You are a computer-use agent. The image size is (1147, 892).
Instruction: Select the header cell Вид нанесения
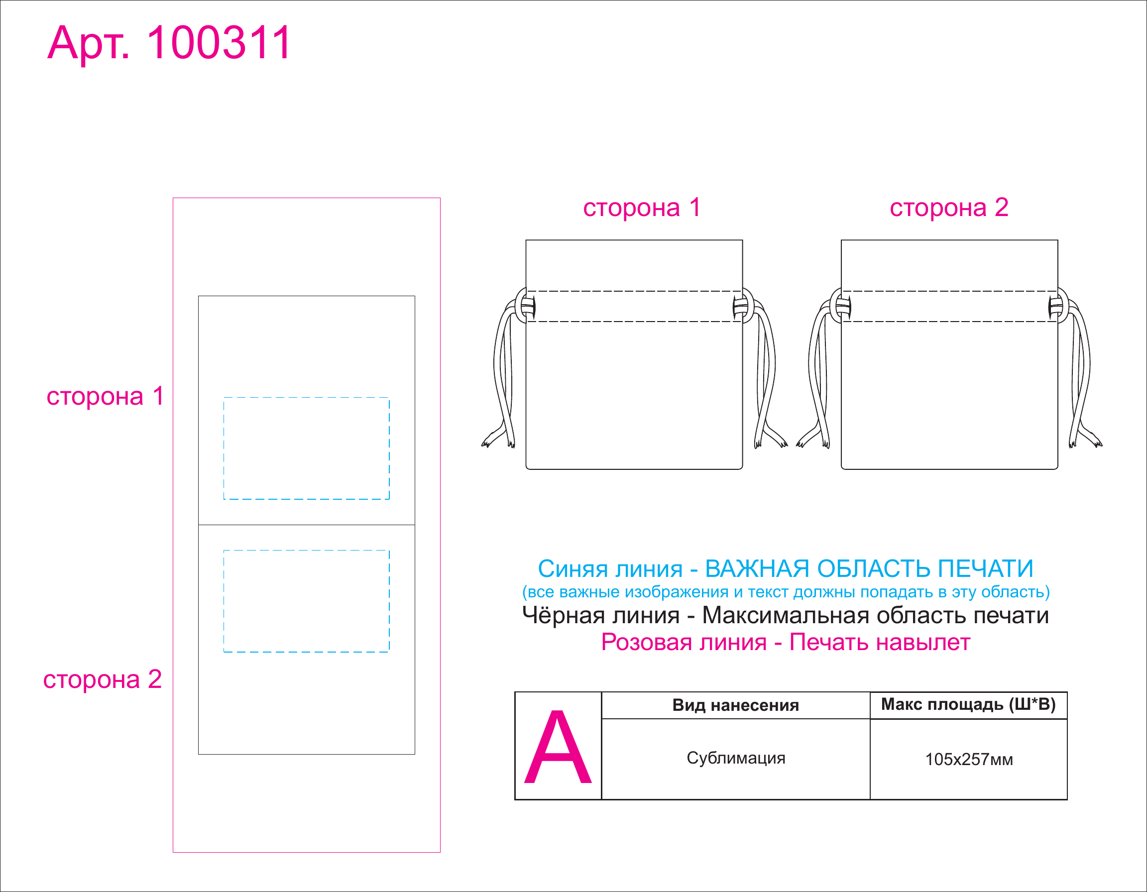point(735,705)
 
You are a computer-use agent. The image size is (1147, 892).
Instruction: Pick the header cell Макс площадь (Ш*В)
point(968,704)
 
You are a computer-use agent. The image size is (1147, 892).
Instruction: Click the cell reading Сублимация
point(735,758)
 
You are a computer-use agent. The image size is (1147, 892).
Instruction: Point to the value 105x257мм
point(968,759)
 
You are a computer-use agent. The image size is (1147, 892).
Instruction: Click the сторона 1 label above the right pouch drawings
point(642,208)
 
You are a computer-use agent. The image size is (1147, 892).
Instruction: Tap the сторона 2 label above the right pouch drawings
point(948,208)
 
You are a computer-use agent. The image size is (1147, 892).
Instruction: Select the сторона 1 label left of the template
point(105,396)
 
